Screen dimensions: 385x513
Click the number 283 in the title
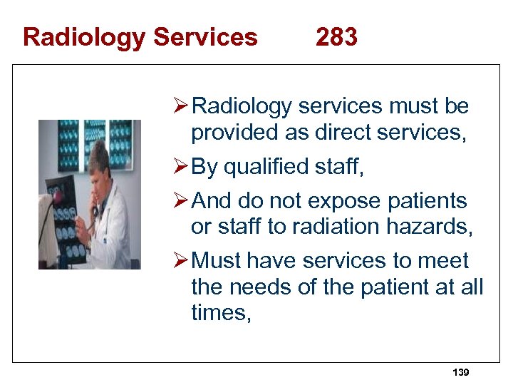[x=336, y=36]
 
